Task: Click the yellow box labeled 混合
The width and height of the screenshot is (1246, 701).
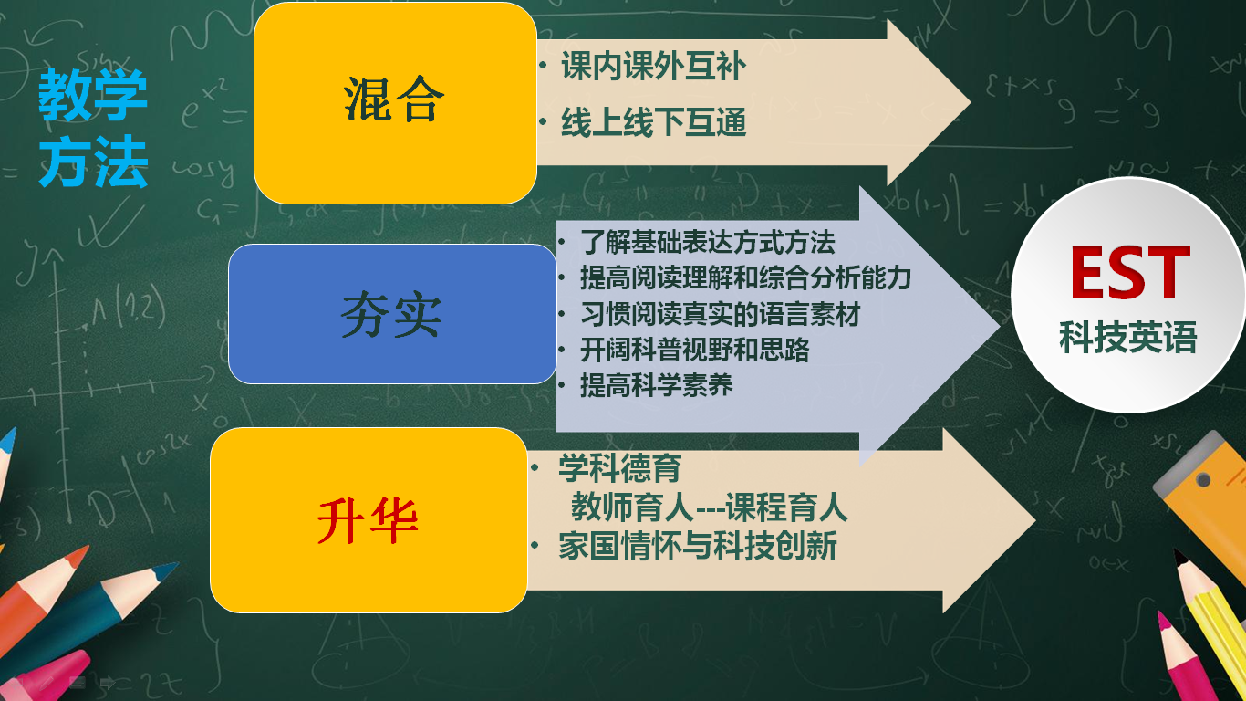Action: [x=395, y=103]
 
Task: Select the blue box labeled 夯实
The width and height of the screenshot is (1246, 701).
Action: [x=392, y=314]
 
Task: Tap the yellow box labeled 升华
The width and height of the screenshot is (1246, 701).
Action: [x=369, y=520]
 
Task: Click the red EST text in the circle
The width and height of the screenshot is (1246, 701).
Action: [x=1130, y=273]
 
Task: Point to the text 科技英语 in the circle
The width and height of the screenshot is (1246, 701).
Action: [x=1128, y=338]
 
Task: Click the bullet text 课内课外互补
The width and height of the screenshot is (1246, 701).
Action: [x=654, y=66]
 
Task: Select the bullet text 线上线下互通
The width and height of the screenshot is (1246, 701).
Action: [x=654, y=122]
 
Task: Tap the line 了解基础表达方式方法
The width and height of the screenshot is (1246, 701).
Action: [x=708, y=242]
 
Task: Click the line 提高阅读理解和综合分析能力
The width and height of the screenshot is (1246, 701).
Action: [x=745, y=277]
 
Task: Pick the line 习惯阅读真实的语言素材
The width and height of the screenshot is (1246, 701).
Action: [x=721, y=314]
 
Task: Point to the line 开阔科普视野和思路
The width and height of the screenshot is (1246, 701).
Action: [x=695, y=350]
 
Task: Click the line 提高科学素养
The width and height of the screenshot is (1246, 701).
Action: [x=657, y=385]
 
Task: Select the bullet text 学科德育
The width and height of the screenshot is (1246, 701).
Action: [x=619, y=467]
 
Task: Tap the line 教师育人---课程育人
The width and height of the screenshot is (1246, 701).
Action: [x=710, y=507]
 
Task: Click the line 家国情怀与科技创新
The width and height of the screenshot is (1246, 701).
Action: [x=698, y=546]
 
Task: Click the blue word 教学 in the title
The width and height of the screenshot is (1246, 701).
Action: [x=93, y=95]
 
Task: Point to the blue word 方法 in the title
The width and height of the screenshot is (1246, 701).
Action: [x=93, y=162]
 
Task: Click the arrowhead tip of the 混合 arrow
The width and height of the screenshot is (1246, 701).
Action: [x=971, y=103]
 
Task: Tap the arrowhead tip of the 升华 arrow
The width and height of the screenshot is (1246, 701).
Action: [x=1035, y=520]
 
